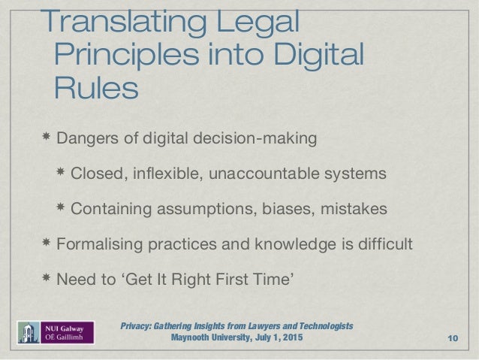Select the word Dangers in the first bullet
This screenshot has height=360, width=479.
(x=84, y=139)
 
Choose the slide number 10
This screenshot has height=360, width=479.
(x=453, y=338)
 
